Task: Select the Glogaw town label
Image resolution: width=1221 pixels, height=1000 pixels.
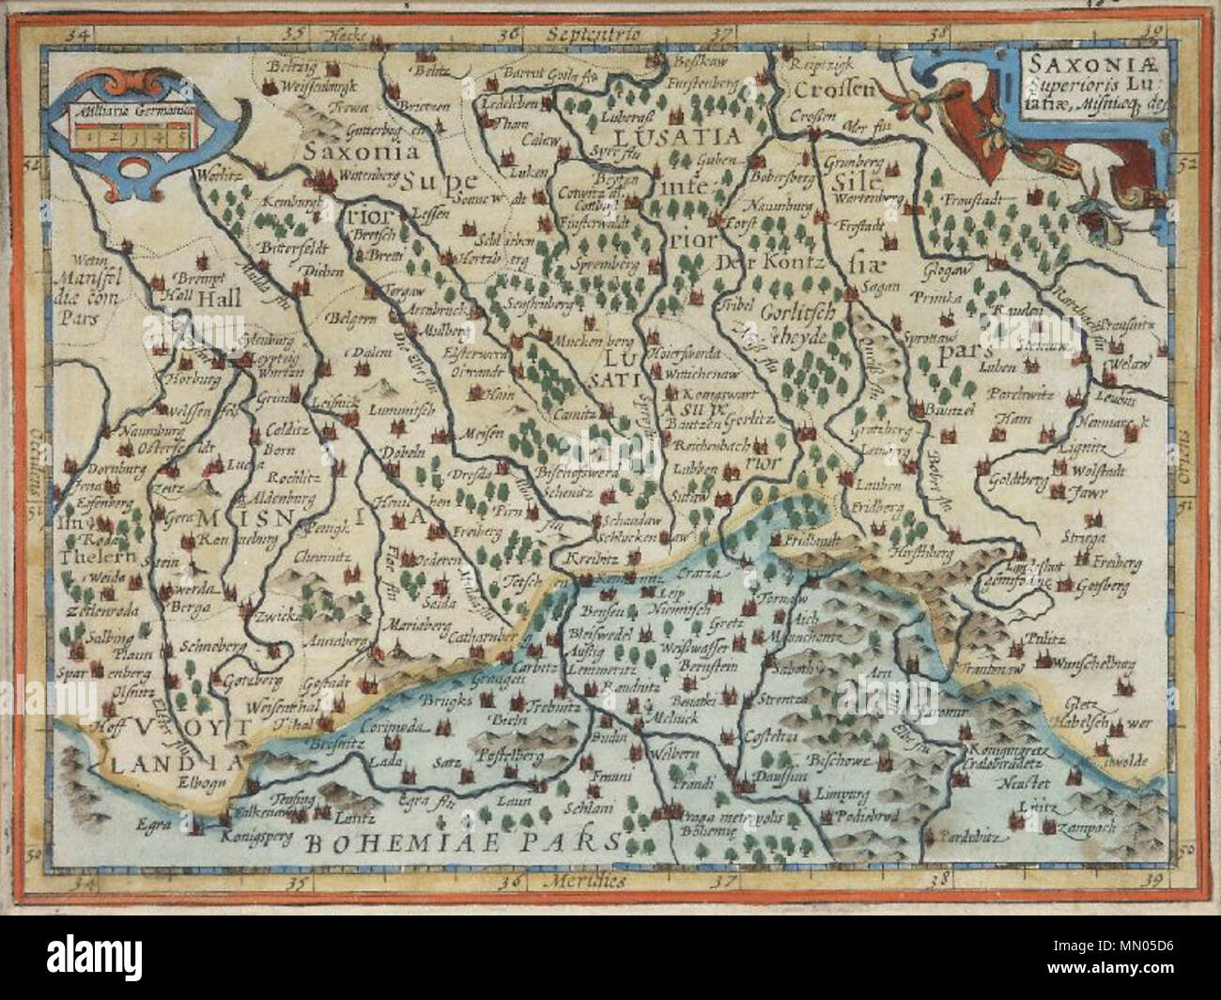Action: (x=939, y=266)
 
